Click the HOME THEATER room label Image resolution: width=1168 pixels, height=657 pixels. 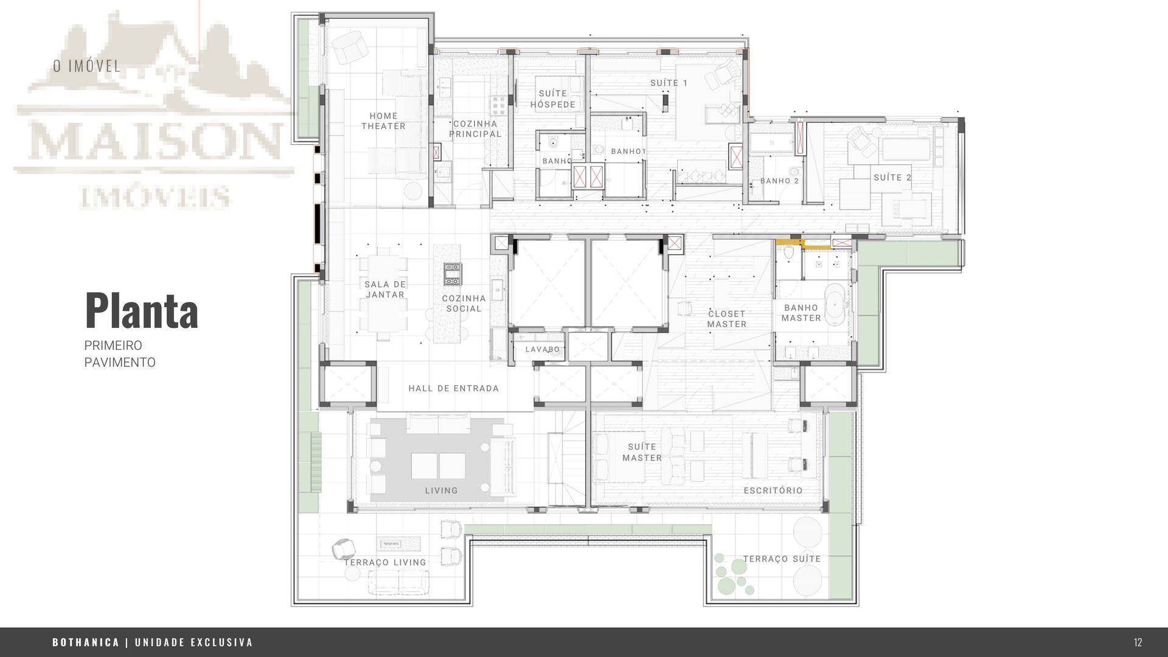click(x=383, y=121)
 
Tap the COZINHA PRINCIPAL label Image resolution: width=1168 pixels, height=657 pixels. click(x=475, y=129)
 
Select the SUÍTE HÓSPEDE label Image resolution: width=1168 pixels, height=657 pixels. click(x=552, y=99)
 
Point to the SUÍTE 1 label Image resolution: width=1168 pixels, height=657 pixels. click(x=669, y=83)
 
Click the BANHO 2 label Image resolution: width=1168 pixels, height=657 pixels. click(x=779, y=181)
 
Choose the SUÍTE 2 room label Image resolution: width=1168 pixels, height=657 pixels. click(x=892, y=178)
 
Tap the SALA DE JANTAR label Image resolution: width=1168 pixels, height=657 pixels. click(x=385, y=290)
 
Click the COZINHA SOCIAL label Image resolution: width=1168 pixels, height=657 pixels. click(x=464, y=304)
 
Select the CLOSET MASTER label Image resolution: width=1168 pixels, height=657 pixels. click(x=726, y=319)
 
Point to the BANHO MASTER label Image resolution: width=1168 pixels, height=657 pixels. click(x=801, y=313)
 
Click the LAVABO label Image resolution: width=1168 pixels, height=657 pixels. click(x=543, y=350)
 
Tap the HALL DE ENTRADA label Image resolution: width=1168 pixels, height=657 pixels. click(x=453, y=388)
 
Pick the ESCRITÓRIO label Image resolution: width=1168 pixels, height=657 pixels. click(x=773, y=490)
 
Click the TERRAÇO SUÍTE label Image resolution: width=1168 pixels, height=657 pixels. click(x=782, y=558)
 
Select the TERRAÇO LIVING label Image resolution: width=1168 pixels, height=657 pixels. click(x=385, y=563)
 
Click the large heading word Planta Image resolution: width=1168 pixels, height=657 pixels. click(x=141, y=311)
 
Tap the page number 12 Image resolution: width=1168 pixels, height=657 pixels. click(x=1138, y=642)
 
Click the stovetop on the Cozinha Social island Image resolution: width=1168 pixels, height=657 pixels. click(x=453, y=274)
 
